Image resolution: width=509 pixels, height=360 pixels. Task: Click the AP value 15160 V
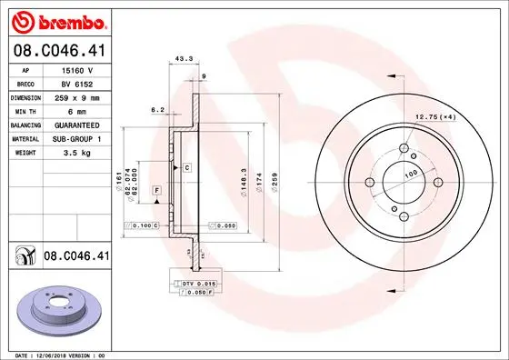pos(77,69)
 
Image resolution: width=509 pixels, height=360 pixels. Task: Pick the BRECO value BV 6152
pos(77,83)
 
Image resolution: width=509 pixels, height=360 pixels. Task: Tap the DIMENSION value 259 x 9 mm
pos(77,96)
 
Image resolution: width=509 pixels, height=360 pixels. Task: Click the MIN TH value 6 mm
pos(77,110)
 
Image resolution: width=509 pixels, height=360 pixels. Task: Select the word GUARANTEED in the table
pos(77,124)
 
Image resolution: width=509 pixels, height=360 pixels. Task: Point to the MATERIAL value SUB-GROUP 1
pos(77,138)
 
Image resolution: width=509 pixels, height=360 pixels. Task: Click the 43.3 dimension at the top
pos(182,59)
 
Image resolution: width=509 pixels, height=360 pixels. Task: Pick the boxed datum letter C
pos(187,168)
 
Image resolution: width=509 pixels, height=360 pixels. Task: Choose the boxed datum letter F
pos(157,189)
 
